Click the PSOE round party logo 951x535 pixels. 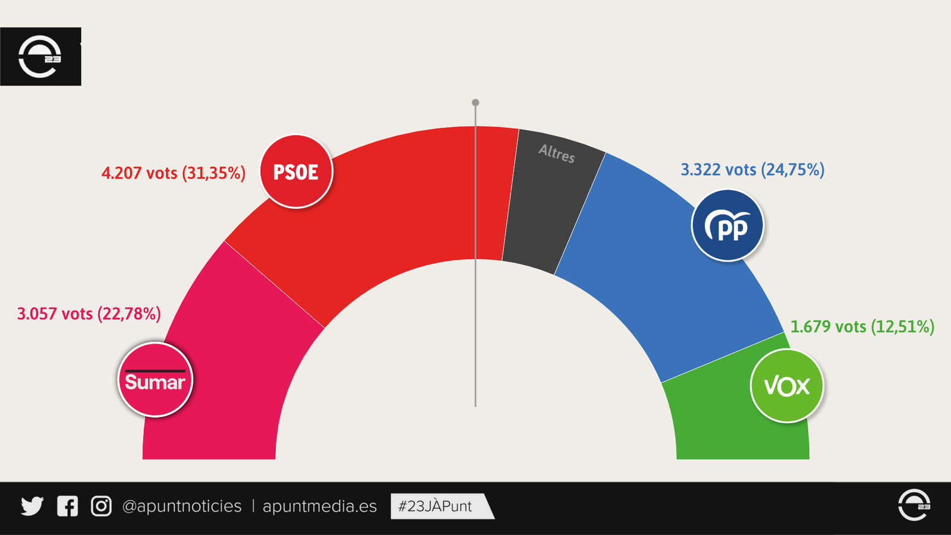tap(296, 172)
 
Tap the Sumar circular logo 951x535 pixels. tap(155, 380)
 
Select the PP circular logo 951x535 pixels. tap(728, 226)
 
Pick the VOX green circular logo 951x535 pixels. tap(787, 386)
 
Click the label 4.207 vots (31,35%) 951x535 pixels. tap(173, 173)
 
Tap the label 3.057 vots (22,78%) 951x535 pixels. tap(89, 314)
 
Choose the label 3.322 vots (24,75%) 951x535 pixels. tap(752, 170)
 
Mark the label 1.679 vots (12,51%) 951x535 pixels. tap(862, 327)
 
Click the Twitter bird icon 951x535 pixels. tap(32, 506)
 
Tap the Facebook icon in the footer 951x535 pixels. tap(67, 506)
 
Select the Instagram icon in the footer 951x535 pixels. tap(101, 506)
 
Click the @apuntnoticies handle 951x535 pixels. tap(182, 506)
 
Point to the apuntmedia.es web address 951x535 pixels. tap(320, 506)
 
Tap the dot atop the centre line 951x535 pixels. tap(475, 103)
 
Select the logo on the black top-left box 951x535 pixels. tap(40, 57)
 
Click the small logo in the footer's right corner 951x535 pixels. tap(914, 505)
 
